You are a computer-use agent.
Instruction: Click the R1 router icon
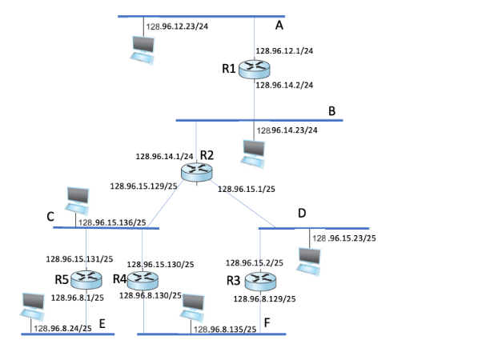point(255,69)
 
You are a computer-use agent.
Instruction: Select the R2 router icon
point(195,170)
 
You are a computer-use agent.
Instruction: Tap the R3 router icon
point(259,281)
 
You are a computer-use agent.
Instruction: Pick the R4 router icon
point(144,280)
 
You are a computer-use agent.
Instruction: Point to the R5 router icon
point(86,279)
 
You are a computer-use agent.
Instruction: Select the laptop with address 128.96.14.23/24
point(254,153)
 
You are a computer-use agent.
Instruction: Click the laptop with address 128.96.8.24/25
point(31,305)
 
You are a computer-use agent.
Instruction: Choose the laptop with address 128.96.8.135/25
point(192,306)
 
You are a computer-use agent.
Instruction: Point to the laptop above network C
point(77,198)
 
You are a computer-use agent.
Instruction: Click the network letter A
point(279,26)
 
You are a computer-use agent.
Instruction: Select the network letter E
point(102,324)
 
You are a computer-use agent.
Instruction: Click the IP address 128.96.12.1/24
point(284,51)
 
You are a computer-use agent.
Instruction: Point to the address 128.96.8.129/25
point(264,298)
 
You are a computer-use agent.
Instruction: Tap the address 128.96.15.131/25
point(79,258)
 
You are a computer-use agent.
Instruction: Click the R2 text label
point(207,154)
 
